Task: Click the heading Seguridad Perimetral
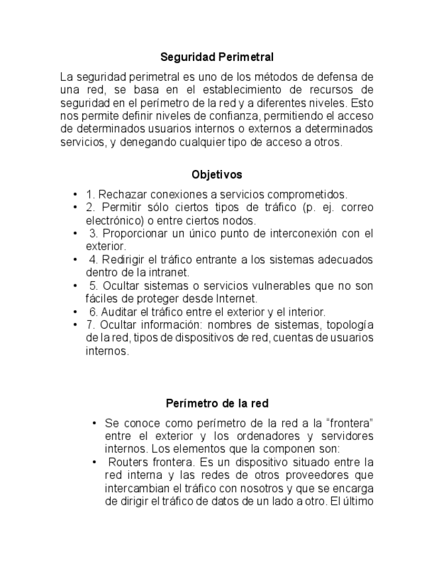click(217, 58)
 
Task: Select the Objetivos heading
click(217, 175)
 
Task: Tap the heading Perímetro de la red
click(217, 403)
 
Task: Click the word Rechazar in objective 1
click(122, 194)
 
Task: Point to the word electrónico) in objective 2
click(113, 220)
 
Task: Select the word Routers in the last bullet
click(129, 462)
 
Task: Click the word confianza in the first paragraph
click(222, 116)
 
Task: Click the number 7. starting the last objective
click(91, 324)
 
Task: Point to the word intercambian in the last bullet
click(136, 488)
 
